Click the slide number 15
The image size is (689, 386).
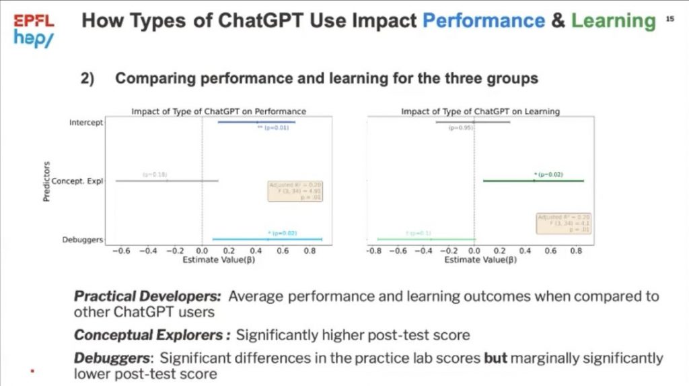669,20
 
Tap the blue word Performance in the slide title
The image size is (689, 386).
483,21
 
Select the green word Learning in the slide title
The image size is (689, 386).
613,21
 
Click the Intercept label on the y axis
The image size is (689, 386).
86,123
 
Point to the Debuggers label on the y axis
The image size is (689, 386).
84,239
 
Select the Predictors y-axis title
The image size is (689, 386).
46,181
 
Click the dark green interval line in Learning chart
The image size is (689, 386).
533,181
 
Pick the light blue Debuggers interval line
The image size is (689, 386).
267,239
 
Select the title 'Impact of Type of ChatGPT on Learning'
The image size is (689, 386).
480,111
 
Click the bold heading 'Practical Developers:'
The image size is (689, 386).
149,296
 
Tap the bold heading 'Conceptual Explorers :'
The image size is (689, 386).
153,335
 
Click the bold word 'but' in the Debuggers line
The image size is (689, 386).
496,358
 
